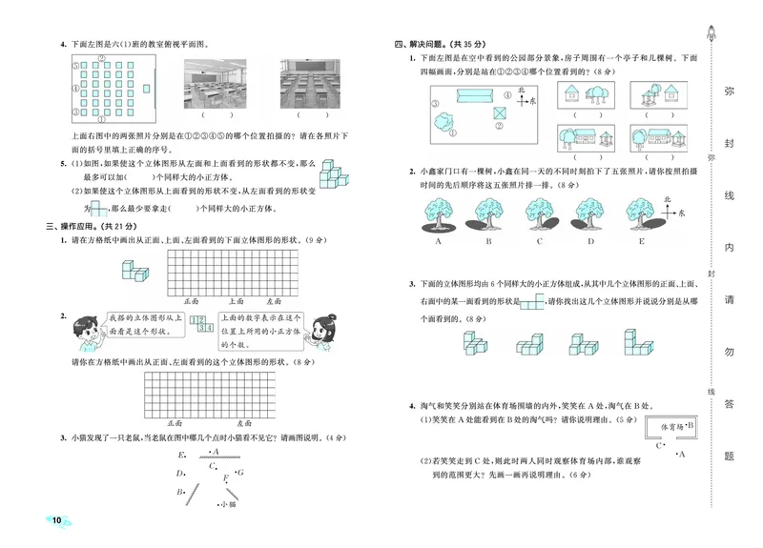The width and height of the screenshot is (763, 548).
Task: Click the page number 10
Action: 57,519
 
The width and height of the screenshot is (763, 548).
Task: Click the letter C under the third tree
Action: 541,242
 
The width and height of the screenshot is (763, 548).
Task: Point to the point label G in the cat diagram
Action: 240,473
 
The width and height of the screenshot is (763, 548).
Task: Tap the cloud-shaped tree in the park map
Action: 443,122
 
